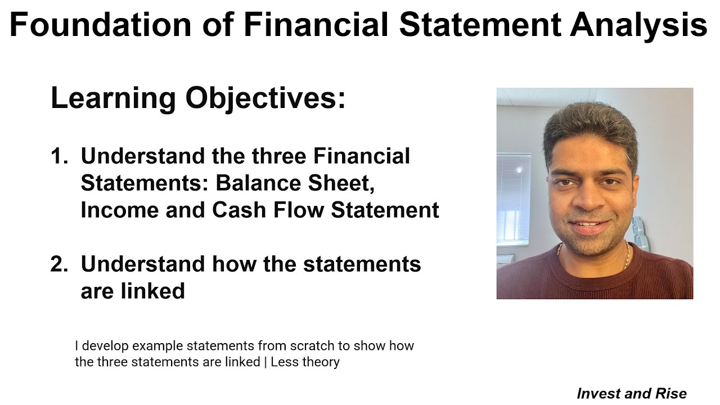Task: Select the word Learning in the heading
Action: tap(113, 98)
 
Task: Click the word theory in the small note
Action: tap(321, 362)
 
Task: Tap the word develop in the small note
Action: tap(105, 345)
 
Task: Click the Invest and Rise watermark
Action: tap(632, 393)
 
